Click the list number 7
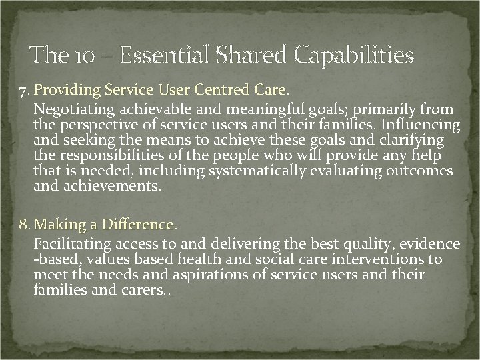pyautogui.click(x=23, y=90)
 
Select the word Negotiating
pyautogui.click(x=73, y=109)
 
